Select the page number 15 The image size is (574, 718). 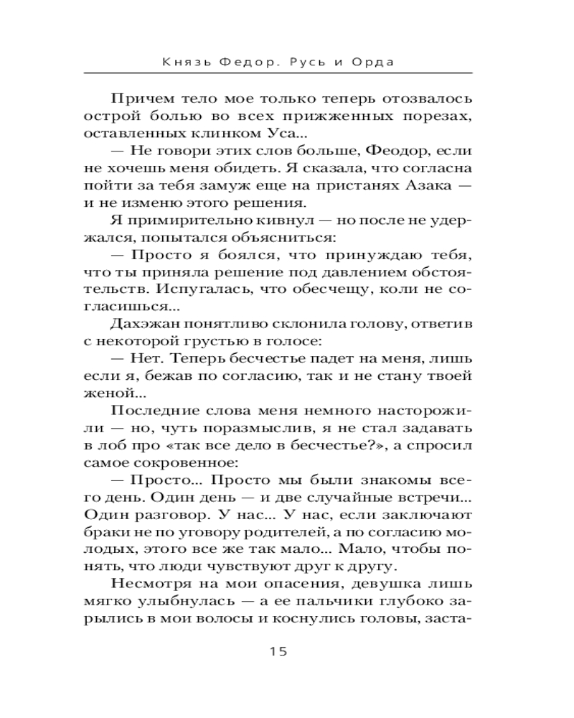coord(278,652)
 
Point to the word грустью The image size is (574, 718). coord(217,341)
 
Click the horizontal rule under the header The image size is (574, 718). coord(278,73)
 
